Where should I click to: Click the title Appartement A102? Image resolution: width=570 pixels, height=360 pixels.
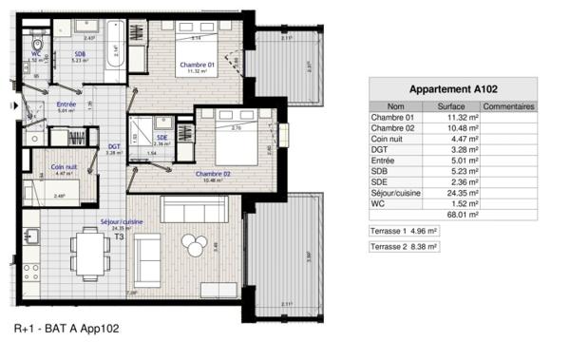pos(452,88)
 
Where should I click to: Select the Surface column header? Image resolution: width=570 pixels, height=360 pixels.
pos(450,106)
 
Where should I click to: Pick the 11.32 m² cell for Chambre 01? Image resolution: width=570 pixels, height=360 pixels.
pos(450,118)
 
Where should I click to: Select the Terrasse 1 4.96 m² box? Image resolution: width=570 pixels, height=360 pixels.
pos(404,231)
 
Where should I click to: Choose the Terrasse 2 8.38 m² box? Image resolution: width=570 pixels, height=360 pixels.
pos(404,246)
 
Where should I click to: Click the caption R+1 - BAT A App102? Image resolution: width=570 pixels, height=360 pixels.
pos(67,329)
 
